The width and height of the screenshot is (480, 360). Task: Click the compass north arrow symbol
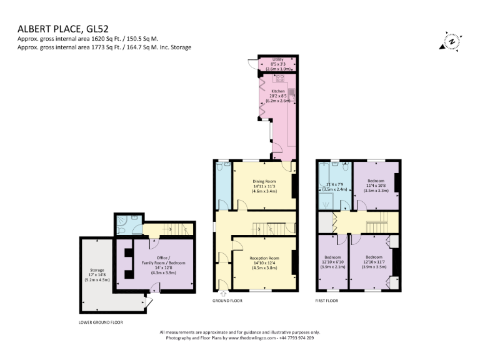(451, 41)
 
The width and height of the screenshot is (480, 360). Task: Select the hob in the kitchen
(277, 78)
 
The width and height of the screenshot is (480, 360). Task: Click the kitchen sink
(291, 94)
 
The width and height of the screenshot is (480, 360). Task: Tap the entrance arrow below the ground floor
(223, 294)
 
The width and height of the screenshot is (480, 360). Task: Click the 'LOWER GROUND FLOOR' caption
(101, 322)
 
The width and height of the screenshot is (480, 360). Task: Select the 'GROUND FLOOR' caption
(227, 301)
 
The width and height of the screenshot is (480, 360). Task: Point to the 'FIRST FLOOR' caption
(326, 301)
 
